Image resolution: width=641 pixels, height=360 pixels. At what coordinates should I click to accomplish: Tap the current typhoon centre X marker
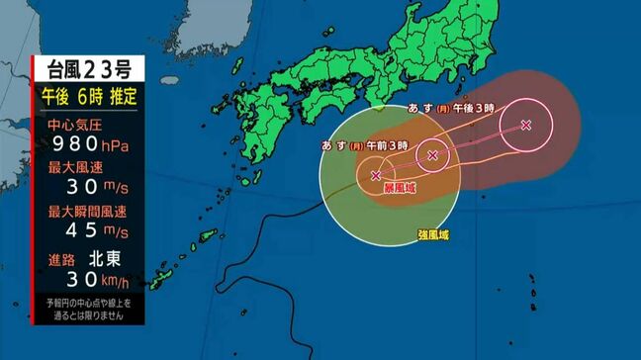pyautogui.click(x=376, y=175)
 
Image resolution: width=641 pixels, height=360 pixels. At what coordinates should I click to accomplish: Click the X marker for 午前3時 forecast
pyautogui.click(x=432, y=154)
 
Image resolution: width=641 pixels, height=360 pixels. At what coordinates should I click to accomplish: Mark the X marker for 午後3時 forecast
pyautogui.click(x=525, y=125)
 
